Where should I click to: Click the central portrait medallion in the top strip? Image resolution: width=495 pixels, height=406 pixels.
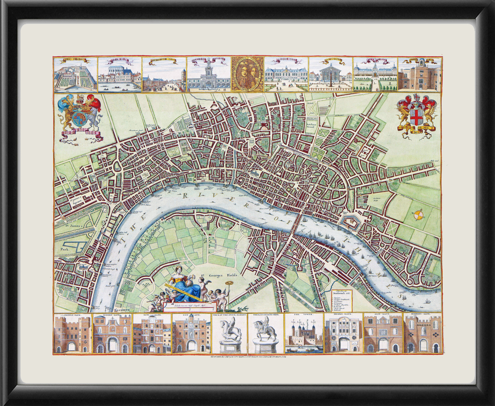pyautogui.click(x=247, y=74)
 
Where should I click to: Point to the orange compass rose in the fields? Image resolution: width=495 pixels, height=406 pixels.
pyautogui.click(x=418, y=215)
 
